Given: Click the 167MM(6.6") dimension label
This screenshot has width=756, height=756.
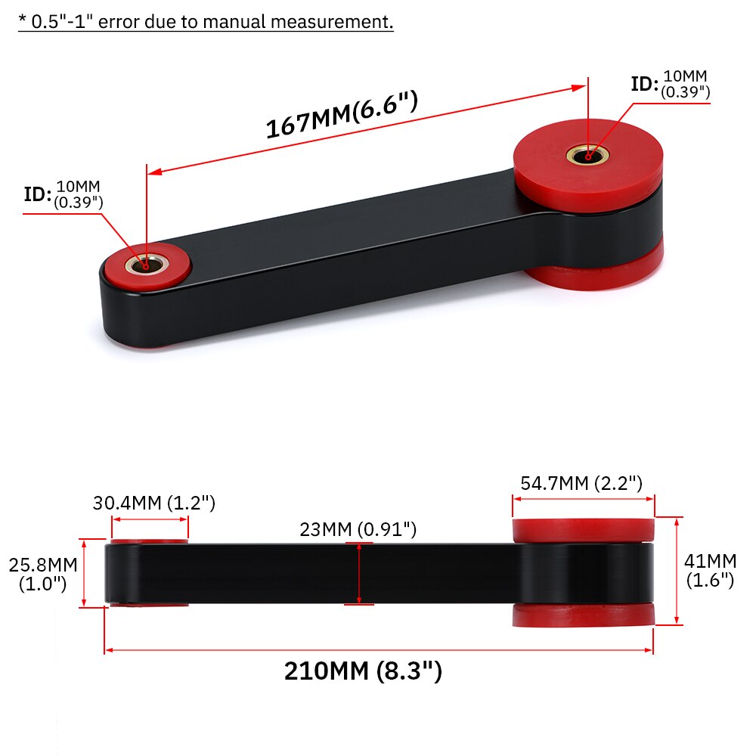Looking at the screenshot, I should coord(342,116).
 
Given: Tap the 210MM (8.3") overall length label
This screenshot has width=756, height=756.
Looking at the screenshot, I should coord(363,671).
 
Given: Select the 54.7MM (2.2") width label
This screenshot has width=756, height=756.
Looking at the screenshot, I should coord(581,483).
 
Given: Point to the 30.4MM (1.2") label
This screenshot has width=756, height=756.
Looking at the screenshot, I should coord(154,502).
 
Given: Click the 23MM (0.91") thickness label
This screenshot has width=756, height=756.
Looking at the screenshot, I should coord(358,529).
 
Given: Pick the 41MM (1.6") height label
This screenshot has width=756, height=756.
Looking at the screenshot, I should coord(711,571).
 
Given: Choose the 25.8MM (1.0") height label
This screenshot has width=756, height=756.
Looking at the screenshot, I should coord(42,574).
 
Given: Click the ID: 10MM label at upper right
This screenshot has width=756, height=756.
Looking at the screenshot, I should coord(671,84).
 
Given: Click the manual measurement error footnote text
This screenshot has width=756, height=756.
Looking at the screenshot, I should coord(206,21).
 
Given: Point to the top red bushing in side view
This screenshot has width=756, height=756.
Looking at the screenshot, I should coord(584,530).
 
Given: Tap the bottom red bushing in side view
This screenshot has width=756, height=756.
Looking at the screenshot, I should coord(584,615).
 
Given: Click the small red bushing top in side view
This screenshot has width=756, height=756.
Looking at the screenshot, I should coord(150,541).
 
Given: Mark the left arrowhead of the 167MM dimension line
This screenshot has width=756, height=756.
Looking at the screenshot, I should coord(151,172).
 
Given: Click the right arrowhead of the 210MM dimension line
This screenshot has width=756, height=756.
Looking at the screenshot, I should coord(650,649).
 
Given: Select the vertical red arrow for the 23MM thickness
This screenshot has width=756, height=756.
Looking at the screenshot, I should coord(358,573).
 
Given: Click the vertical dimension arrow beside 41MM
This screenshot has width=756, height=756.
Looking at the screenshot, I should coord(677,571).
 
